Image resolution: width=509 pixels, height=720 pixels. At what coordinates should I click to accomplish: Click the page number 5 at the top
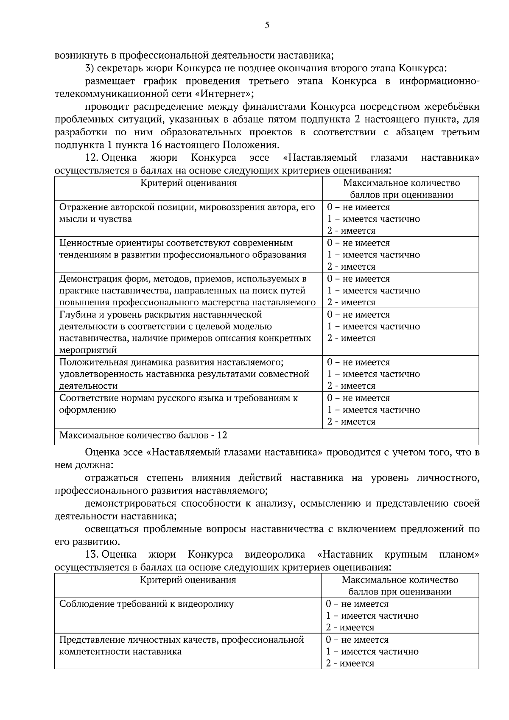pos(267,25)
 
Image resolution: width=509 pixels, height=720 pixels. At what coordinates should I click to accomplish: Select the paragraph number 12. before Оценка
pos(92,158)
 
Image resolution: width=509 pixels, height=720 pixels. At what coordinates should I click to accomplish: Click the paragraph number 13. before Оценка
pos(92,554)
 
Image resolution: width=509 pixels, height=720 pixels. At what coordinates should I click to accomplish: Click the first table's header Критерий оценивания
pos(188,183)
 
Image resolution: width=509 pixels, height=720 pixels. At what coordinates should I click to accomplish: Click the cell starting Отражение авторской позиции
pos(187,213)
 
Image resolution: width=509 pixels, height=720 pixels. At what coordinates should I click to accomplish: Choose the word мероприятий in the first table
pos(88,350)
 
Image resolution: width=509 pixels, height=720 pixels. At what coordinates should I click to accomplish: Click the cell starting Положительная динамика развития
pos(184,374)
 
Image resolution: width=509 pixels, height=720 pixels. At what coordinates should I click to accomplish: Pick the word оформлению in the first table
pos(87,410)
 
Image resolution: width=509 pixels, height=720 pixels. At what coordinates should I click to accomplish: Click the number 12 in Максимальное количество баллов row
pos(222,435)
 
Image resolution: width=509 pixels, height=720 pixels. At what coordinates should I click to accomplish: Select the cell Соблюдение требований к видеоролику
pos(146,604)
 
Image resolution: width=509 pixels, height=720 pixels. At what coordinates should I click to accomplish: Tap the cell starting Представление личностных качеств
pos(182,645)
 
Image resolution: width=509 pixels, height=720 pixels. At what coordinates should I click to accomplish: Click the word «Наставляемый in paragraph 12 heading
pos(320,158)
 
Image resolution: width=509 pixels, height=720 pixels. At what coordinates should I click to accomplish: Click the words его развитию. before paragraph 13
pos(87,542)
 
